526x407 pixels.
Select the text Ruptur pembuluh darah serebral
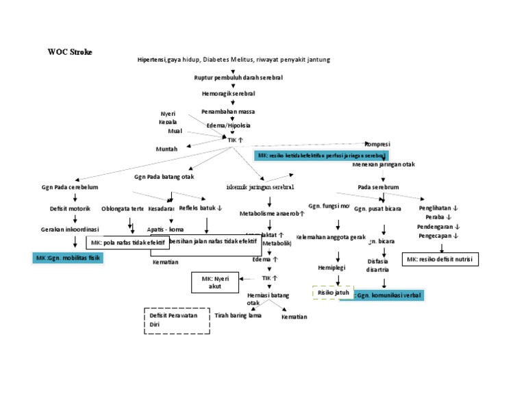tap(234, 78)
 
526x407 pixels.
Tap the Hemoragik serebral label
tap(228, 93)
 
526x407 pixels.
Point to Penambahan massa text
tap(228, 111)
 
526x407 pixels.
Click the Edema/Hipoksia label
tap(229, 125)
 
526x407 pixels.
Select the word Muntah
tap(167, 149)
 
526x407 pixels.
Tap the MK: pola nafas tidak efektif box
tap(128, 243)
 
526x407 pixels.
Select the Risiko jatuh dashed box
tap(333, 293)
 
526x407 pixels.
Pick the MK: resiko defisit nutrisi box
tap(440, 259)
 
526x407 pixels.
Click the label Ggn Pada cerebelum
tap(71, 187)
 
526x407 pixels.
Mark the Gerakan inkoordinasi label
tap(71, 230)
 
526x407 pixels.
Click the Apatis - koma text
tap(165, 230)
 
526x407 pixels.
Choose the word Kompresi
tap(377, 144)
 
